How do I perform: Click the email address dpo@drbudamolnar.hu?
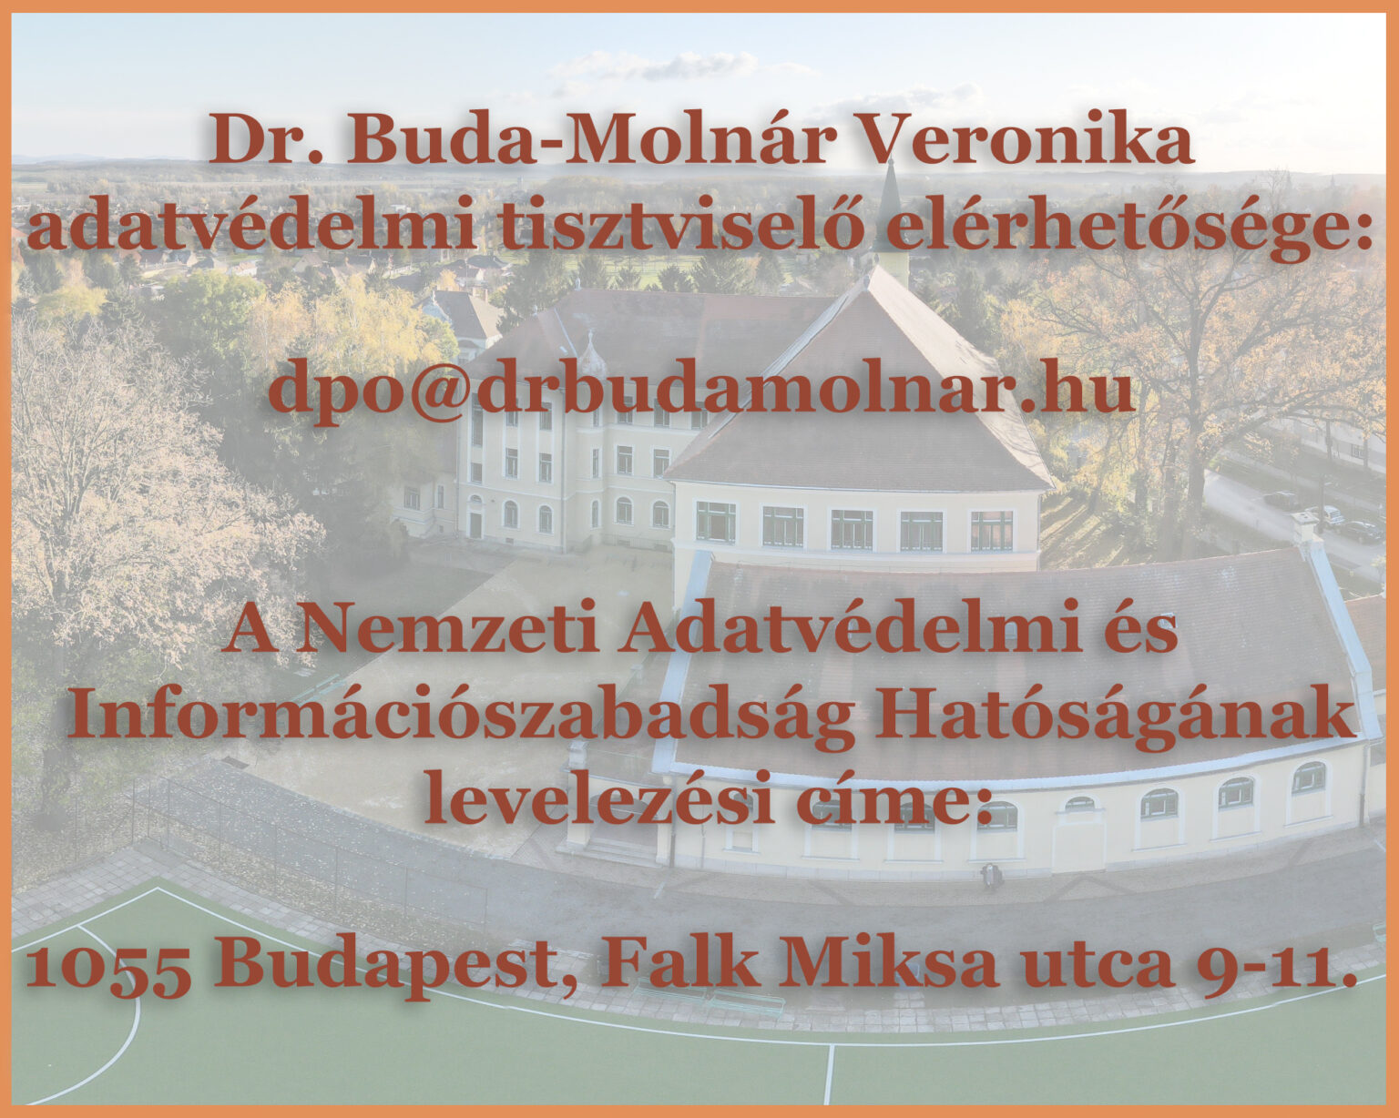pos(700,387)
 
